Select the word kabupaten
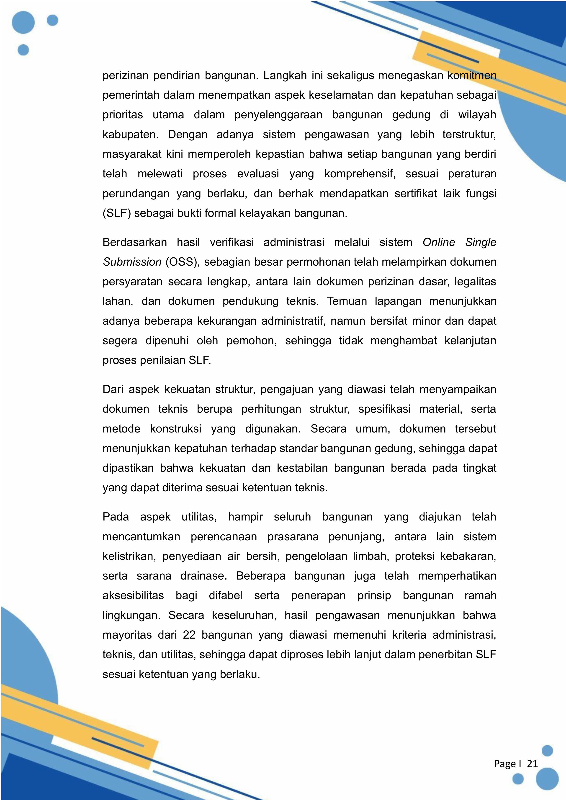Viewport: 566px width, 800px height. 130,135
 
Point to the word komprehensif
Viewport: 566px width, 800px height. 360,174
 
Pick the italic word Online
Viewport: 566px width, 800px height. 439,242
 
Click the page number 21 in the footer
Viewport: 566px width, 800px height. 532,764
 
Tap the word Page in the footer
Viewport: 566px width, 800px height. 505,764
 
